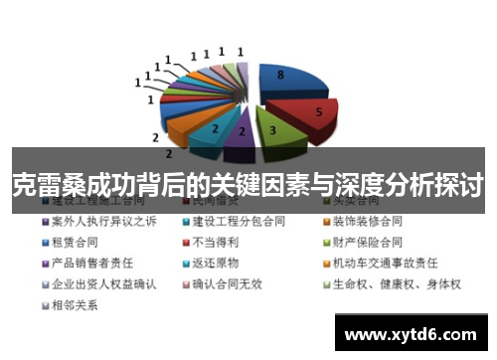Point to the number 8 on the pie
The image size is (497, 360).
[x=280, y=75]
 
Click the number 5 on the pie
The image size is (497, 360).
[x=319, y=112]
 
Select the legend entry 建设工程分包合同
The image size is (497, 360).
[x=238, y=220]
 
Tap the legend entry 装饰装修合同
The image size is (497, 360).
[x=367, y=220]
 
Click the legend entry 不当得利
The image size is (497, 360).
[x=218, y=242]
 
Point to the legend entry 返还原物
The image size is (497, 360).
[x=218, y=263]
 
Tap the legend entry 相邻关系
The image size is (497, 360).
[x=75, y=305]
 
